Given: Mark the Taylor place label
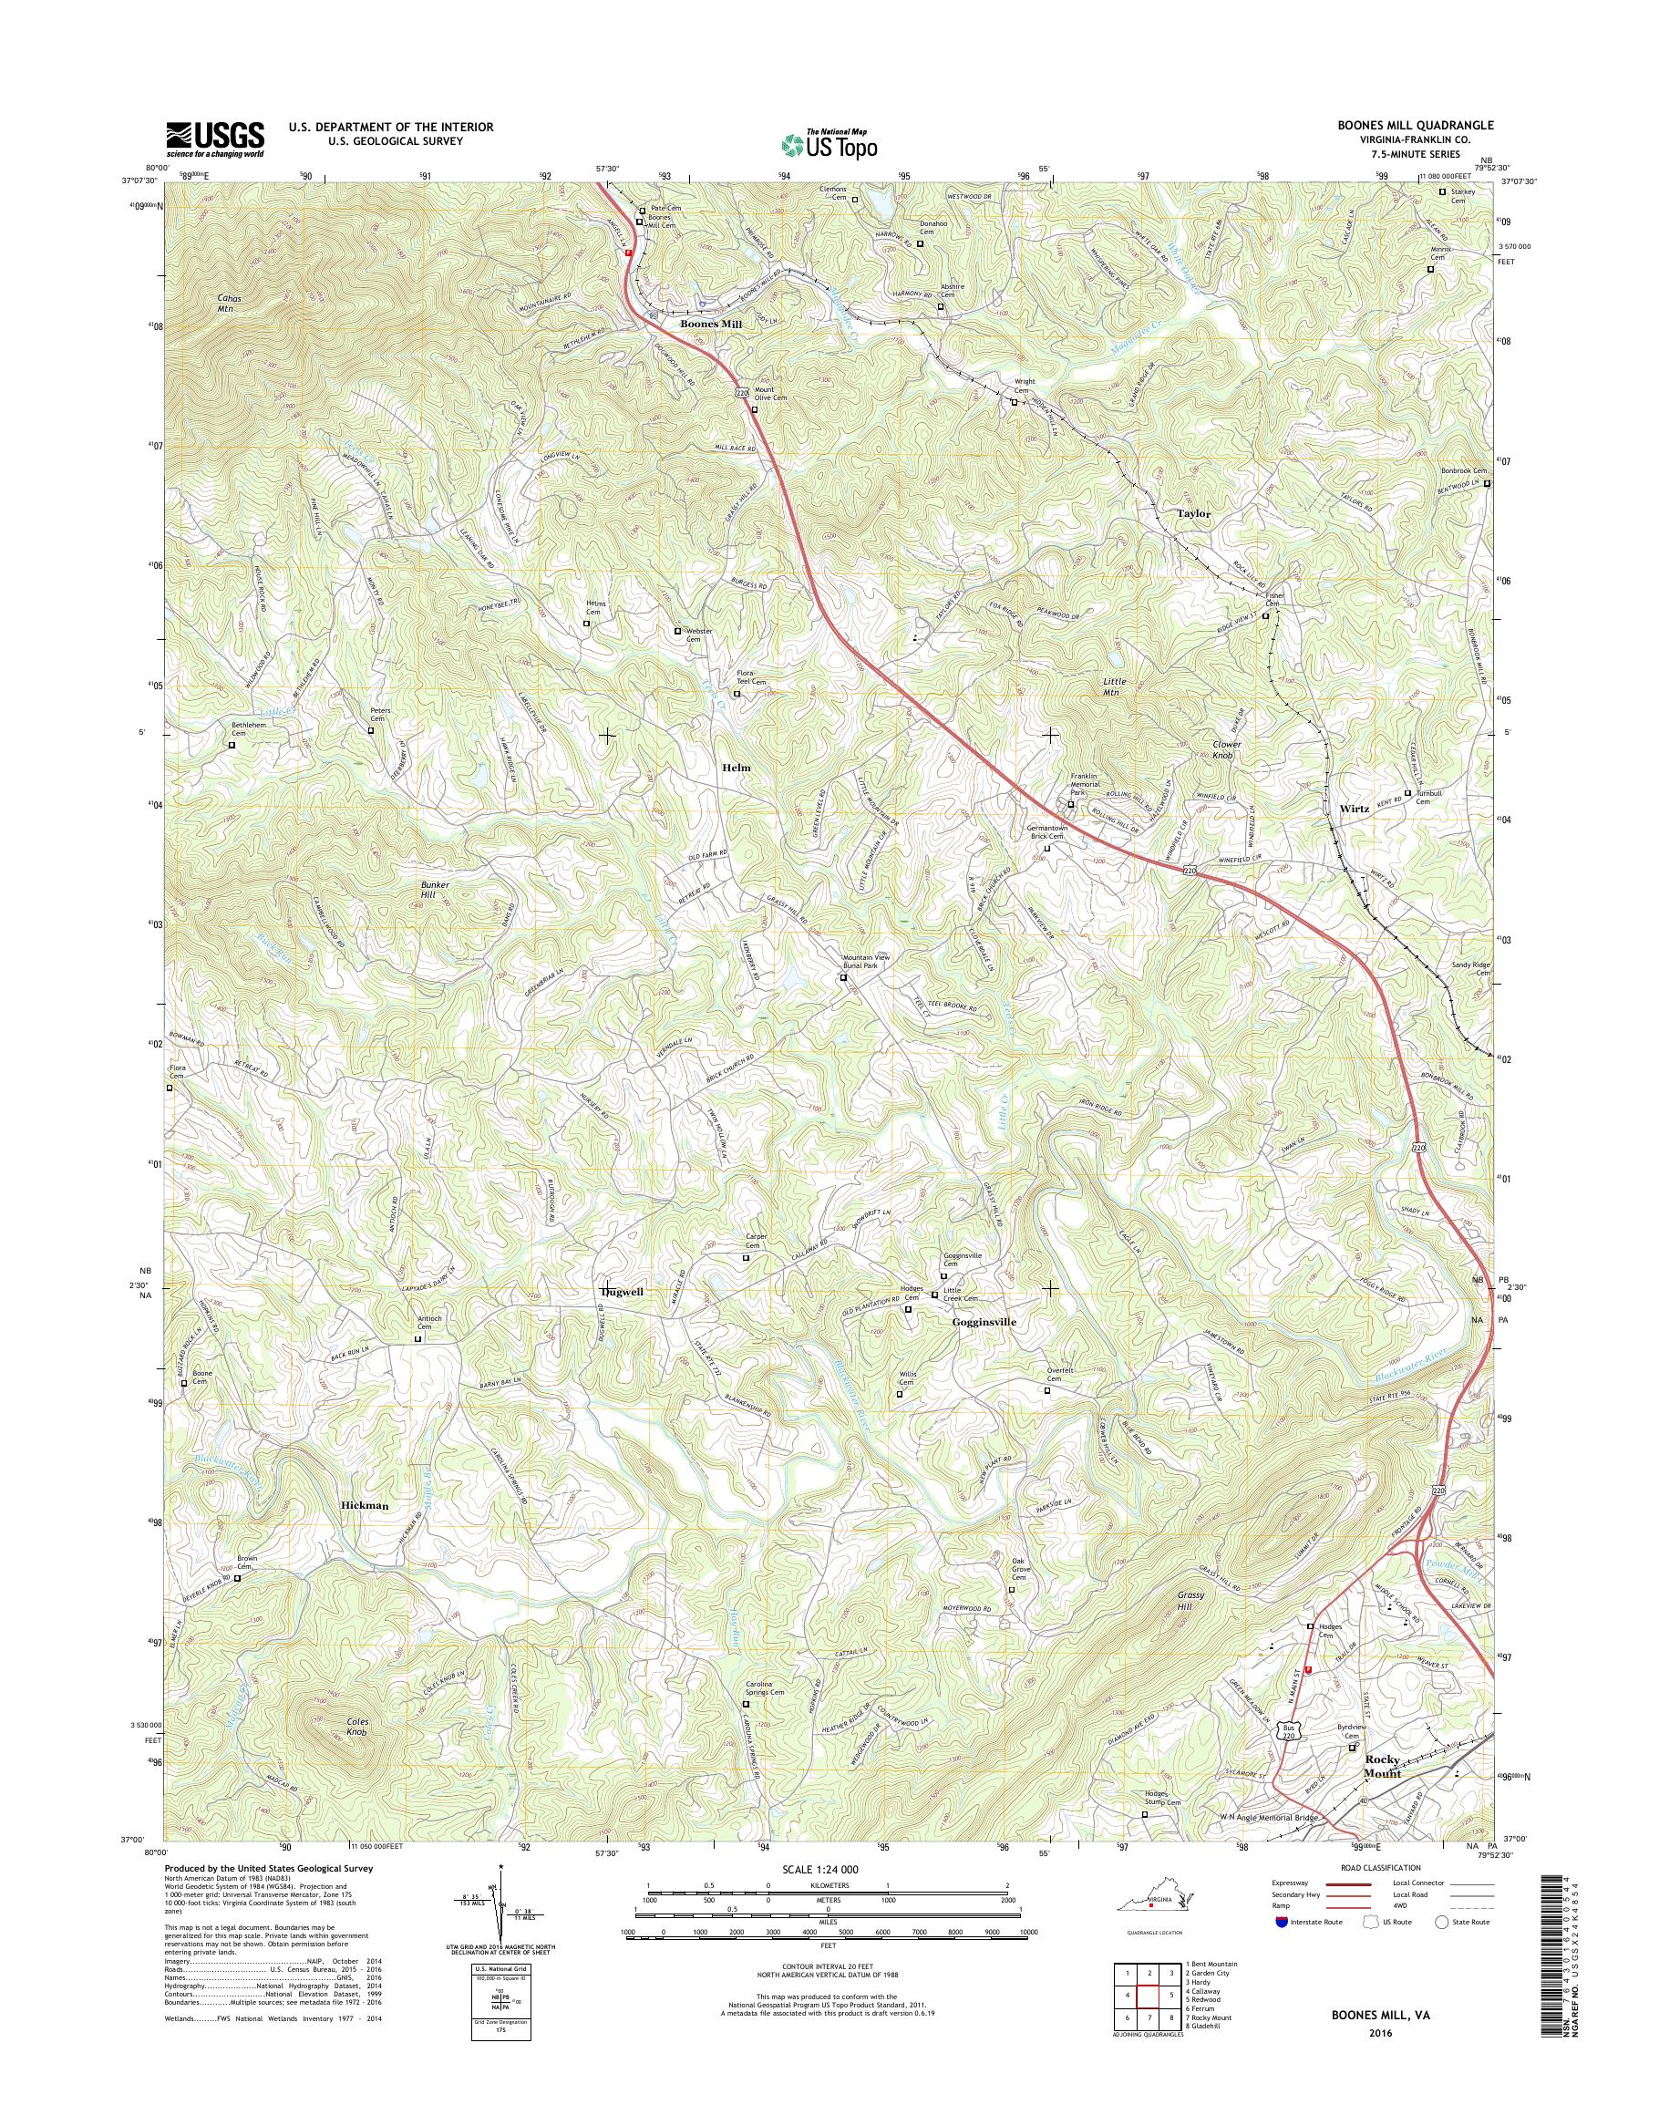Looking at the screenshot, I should (x=1194, y=513).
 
